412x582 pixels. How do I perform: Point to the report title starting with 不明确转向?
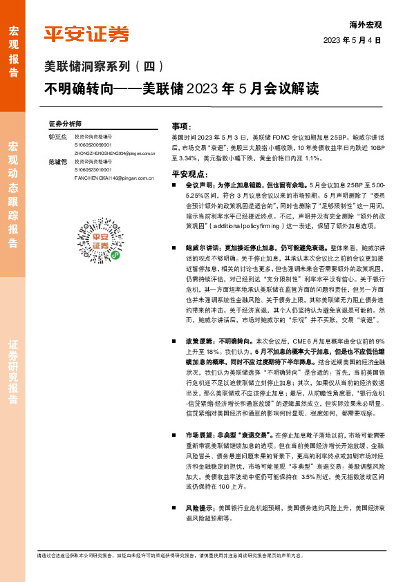(182, 89)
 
